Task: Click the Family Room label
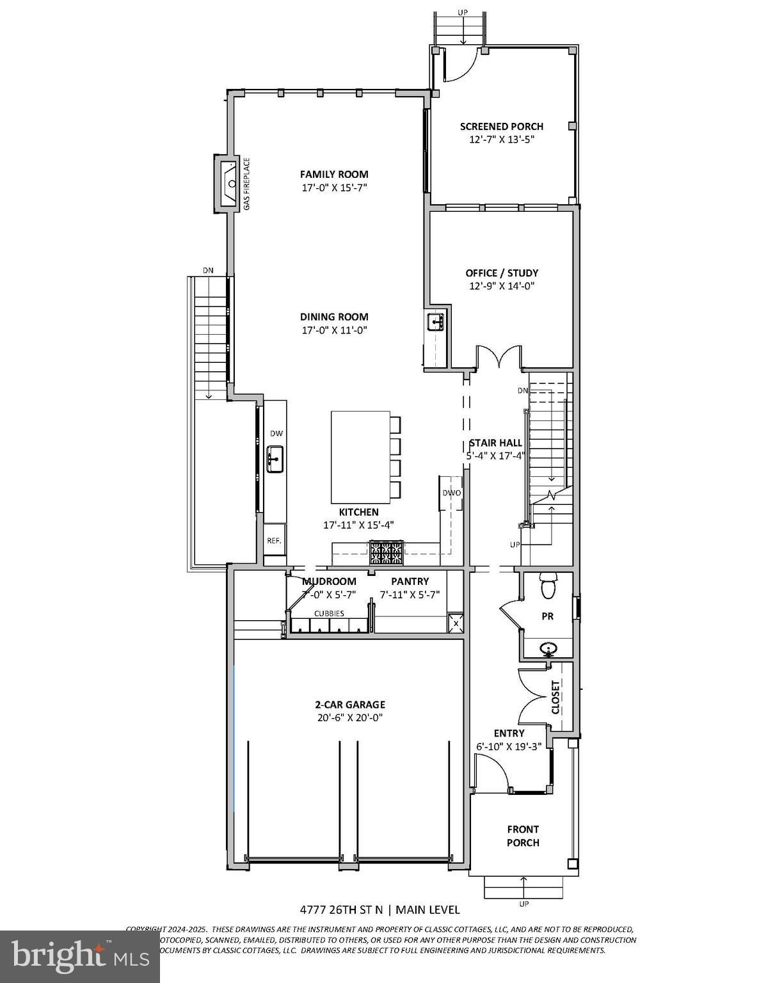tap(334, 174)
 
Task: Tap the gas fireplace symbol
tap(229, 182)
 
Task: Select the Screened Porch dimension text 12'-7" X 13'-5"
tap(501, 140)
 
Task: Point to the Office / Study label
tap(502, 273)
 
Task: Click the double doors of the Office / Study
tap(500, 357)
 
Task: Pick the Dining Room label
tap(334, 316)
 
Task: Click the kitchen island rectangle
tap(360, 457)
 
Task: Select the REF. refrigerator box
tap(275, 541)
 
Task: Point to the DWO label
tap(452, 493)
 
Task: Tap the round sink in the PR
tap(548, 650)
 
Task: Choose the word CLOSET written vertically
tap(555, 697)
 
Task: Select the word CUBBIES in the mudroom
tap(329, 613)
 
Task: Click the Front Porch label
tap(523, 836)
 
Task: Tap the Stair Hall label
tap(495, 443)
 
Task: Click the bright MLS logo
tap(79, 956)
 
